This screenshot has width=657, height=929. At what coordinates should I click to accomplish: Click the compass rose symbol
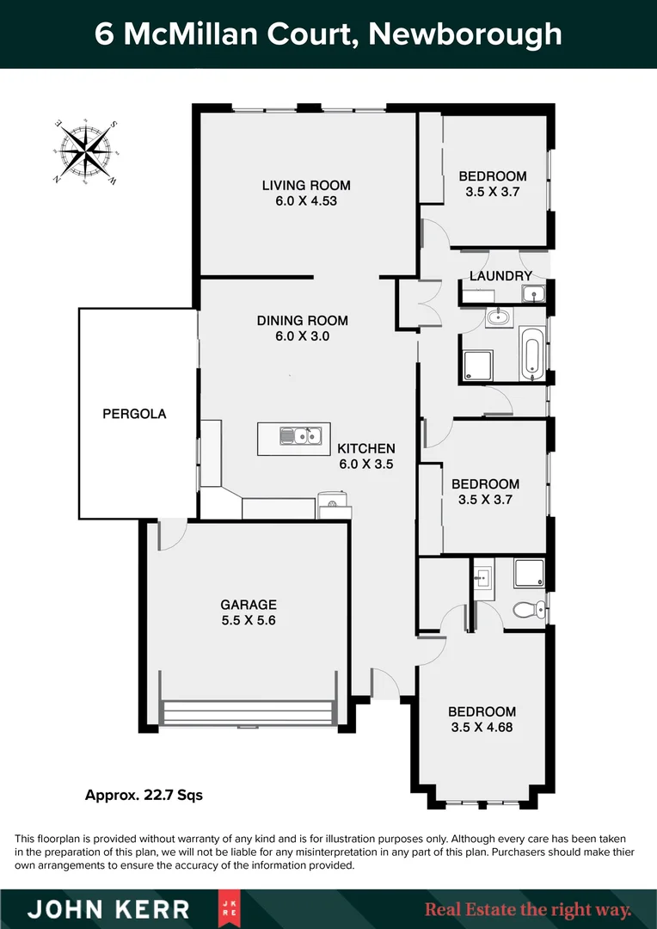coord(86,151)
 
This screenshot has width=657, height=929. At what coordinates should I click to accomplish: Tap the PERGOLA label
coord(134,414)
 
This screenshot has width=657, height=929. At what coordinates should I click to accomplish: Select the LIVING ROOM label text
coord(306,185)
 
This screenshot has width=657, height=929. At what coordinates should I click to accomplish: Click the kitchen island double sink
coord(300,436)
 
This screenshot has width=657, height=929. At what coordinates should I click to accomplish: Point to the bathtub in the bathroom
coord(532,354)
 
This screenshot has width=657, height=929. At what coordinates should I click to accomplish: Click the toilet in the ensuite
coord(526,610)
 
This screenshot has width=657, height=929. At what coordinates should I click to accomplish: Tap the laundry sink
coord(534,295)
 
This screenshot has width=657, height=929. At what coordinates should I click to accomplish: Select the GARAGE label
coord(249,605)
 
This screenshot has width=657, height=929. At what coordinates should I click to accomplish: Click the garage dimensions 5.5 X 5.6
coord(249,620)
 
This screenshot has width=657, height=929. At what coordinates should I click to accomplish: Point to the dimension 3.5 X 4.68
coord(482,727)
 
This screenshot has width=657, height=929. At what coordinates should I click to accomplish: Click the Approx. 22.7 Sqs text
coord(144,796)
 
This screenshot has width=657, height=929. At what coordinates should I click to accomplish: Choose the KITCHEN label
coord(366,448)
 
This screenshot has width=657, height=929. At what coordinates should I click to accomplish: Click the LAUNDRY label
coord(501,276)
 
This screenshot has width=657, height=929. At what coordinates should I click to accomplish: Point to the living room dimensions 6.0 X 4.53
coord(306,201)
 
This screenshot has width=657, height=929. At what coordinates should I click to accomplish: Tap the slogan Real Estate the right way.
coord(528,909)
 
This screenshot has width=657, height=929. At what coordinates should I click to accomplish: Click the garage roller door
coord(248,713)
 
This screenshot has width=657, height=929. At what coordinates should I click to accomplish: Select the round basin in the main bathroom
coord(497,317)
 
